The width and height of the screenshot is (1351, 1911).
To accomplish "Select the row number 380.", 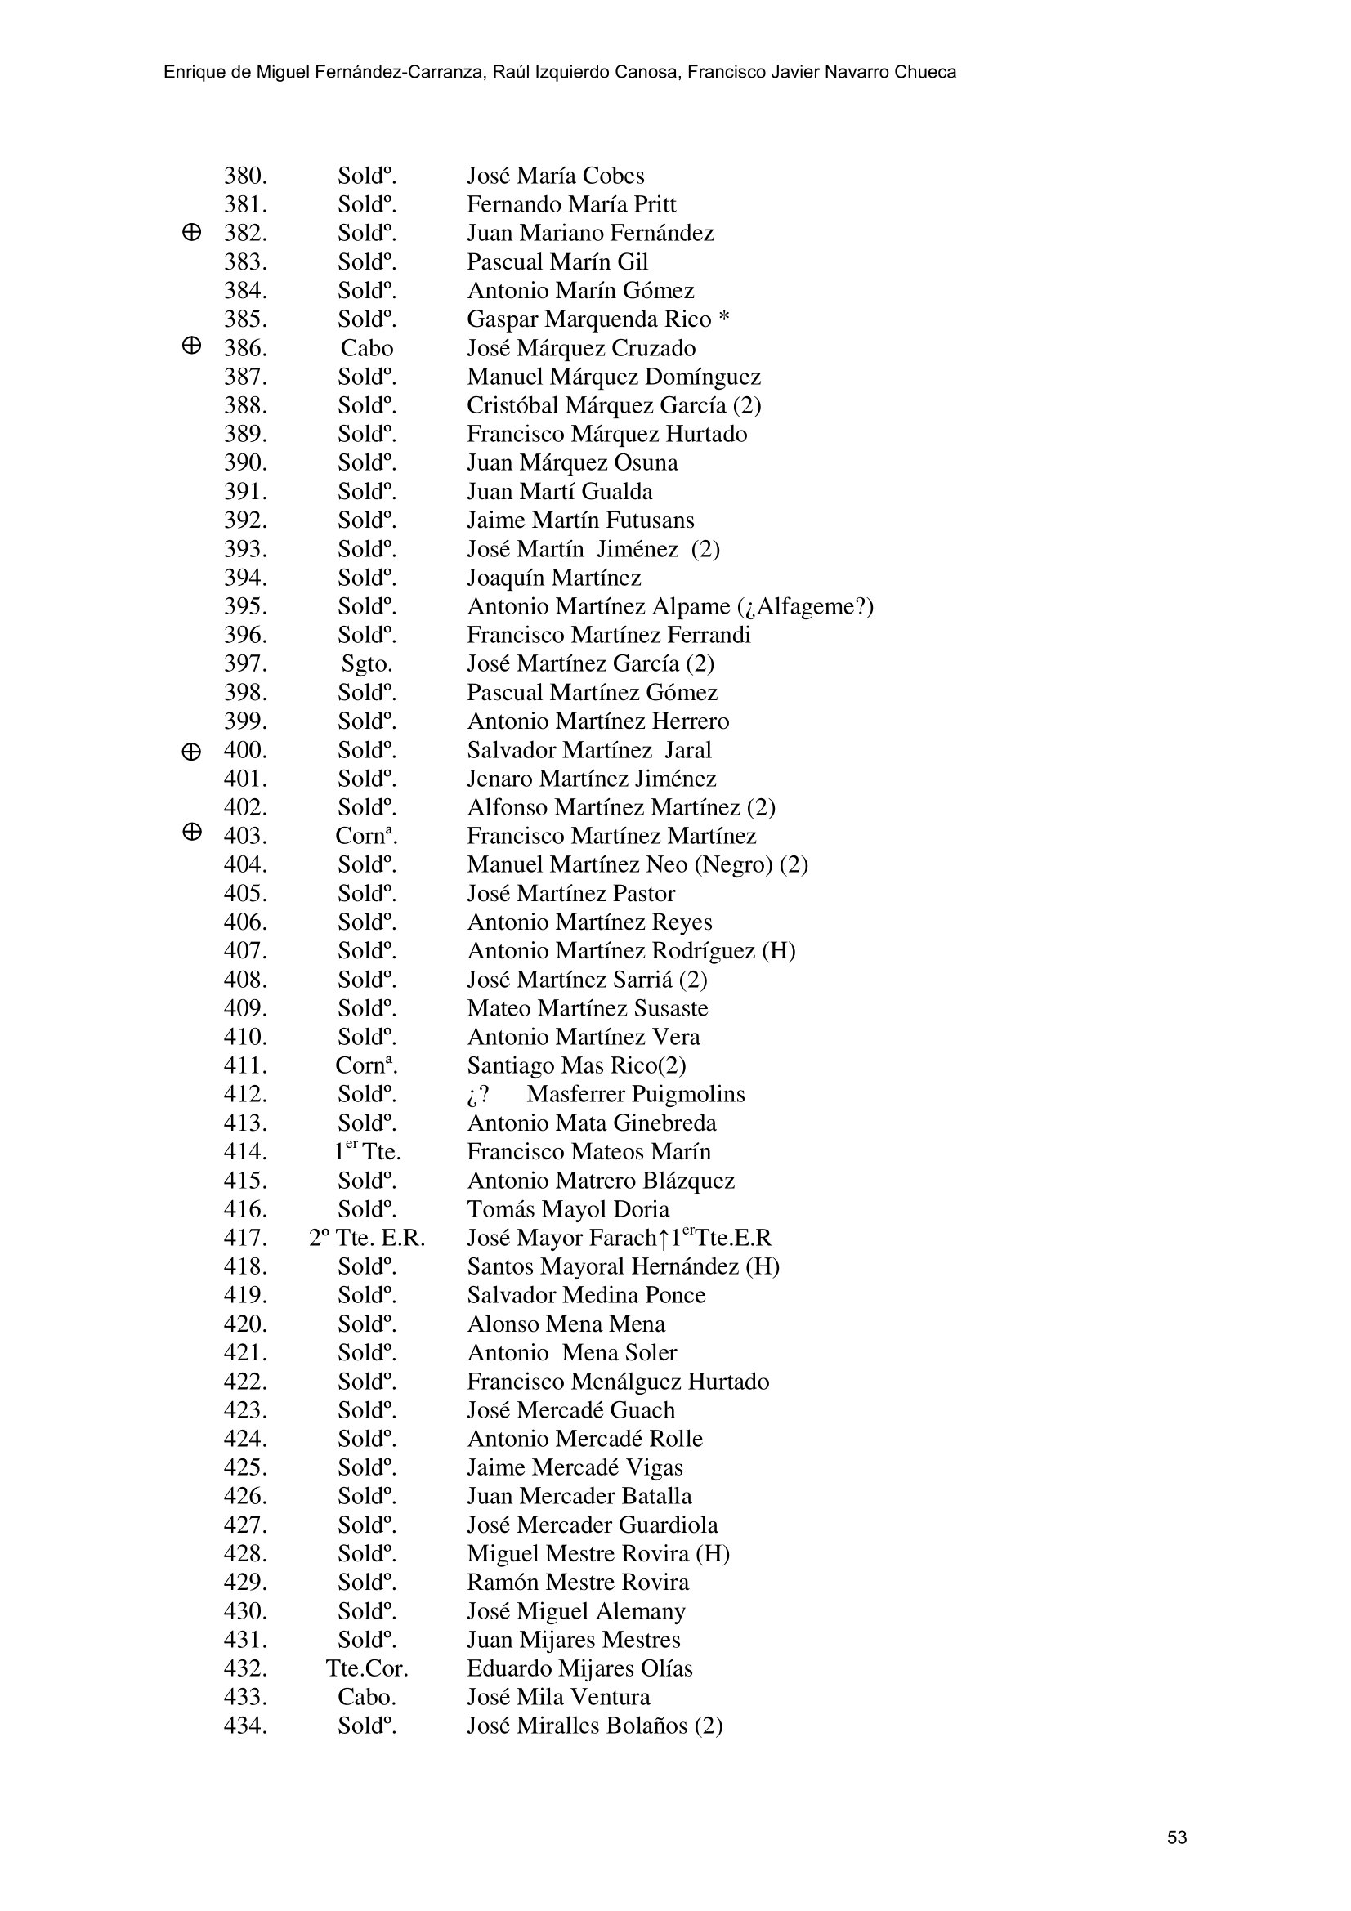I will pos(244,176).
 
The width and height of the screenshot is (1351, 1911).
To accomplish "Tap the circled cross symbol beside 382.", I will pos(190,233).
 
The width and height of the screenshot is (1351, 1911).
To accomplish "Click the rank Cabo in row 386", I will pos(366,349).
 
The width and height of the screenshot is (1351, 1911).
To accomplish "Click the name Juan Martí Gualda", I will pos(559,492).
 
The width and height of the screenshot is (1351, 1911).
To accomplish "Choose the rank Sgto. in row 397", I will pos(366,664).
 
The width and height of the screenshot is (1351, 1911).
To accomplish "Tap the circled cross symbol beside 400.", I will pos(190,752).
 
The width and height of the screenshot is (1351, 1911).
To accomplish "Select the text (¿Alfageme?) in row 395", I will pos(806,607).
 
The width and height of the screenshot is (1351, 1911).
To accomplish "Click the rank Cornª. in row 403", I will pos(366,837).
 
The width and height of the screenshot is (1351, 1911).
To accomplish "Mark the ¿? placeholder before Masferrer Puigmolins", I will pos(478,1095).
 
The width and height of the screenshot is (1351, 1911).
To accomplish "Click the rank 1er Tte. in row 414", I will pos(366,1152).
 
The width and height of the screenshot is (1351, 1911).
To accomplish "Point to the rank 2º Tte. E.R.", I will pos(366,1239).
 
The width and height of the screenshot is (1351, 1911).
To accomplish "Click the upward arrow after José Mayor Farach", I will pos(664,1239).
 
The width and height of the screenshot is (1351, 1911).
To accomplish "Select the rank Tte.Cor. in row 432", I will pos(366,1669).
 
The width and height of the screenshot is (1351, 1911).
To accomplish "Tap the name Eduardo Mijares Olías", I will pos(579,1669).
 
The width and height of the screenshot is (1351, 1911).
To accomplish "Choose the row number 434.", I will pos(244,1726).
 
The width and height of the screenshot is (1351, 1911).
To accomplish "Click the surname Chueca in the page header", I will pos(925,73).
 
